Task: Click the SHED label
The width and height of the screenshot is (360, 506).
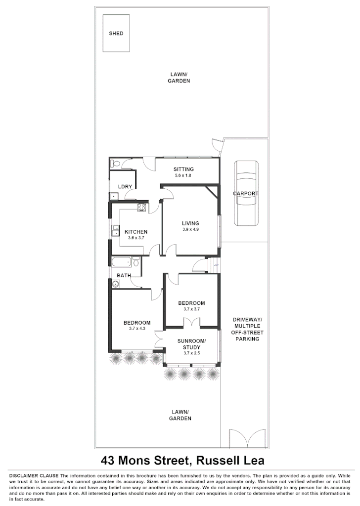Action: tap(116, 34)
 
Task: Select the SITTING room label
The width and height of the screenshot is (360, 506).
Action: tap(183, 169)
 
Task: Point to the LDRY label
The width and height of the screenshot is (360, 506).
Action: tap(125, 186)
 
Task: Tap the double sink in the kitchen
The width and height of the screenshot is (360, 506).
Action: tap(116, 231)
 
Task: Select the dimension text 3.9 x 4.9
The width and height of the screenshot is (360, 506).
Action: tap(190, 229)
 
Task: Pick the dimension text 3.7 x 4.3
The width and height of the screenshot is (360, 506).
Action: tap(136, 329)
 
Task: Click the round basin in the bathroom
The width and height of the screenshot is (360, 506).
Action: tap(116, 284)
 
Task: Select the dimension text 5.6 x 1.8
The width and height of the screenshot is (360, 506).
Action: tap(183, 175)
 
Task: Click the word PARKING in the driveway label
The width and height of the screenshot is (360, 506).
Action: tap(247, 339)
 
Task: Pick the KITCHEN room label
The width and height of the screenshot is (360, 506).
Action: tap(136, 232)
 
